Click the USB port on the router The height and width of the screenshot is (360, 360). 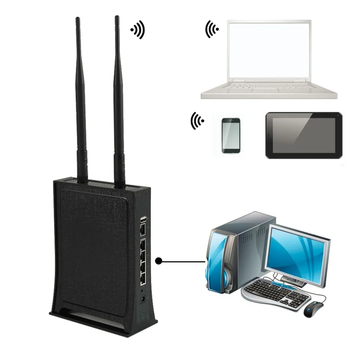[x=143, y=219]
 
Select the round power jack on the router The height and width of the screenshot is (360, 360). [x=143, y=298]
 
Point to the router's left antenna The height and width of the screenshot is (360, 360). [x=81, y=101]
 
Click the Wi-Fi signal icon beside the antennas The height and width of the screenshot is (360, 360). [x=138, y=30]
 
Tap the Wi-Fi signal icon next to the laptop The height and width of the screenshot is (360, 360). [x=212, y=29]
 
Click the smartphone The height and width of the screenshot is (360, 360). [x=231, y=135]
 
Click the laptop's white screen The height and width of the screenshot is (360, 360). [x=269, y=50]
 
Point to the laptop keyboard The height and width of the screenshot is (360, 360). [x=268, y=87]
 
